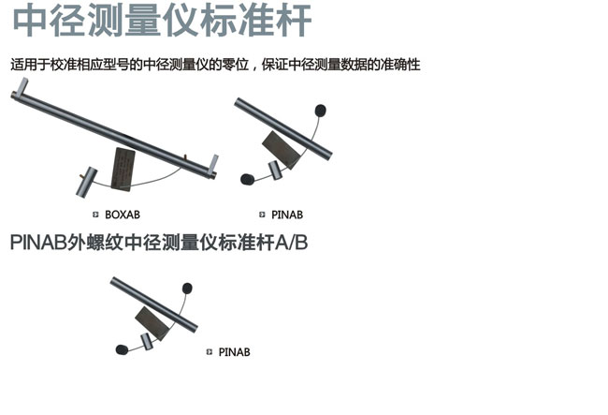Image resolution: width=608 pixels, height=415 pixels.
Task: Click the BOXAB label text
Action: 123,215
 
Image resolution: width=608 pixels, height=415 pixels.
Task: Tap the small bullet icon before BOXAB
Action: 95,215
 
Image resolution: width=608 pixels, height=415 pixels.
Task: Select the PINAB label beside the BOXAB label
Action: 287,215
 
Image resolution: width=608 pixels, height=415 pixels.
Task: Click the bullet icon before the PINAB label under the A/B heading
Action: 210,351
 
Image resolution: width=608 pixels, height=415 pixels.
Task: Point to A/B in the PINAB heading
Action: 291,243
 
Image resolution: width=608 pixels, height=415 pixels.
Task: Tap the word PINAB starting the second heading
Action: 38,243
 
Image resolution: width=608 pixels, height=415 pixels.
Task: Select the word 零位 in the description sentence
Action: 235,65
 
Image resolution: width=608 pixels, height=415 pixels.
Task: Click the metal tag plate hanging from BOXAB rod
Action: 123,169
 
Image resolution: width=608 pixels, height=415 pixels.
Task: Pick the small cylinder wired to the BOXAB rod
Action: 86,182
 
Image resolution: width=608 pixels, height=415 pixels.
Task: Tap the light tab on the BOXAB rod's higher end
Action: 22,86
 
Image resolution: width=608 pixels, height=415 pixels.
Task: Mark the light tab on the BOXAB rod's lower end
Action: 213,165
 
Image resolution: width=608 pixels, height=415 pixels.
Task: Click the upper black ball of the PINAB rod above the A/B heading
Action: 320,111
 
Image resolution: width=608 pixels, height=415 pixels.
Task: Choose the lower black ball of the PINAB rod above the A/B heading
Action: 247,179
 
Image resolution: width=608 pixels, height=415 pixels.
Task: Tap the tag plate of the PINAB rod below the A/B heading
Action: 152,323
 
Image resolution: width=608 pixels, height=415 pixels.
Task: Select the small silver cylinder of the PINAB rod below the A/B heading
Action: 146,342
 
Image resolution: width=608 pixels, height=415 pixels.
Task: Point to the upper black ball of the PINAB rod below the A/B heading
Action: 187,289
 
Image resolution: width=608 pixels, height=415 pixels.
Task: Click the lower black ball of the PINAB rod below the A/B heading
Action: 122,349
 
